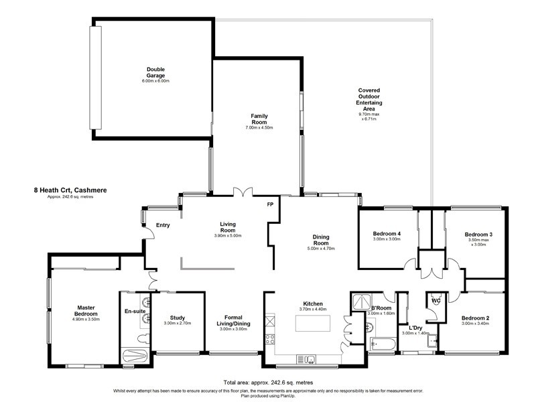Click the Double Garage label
click(x=155, y=72)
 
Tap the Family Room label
click(x=255, y=119)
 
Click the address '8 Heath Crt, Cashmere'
click(x=70, y=190)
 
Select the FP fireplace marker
click(x=270, y=204)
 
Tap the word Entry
click(x=163, y=225)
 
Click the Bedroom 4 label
click(x=387, y=234)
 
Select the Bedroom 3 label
click(x=478, y=234)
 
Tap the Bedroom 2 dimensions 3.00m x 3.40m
click(x=474, y=324)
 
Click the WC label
click(x=435, y=299)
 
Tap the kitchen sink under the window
click(x=310, y=360)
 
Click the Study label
click(x=177, y=318)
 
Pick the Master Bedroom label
click(x=85, y=312)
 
